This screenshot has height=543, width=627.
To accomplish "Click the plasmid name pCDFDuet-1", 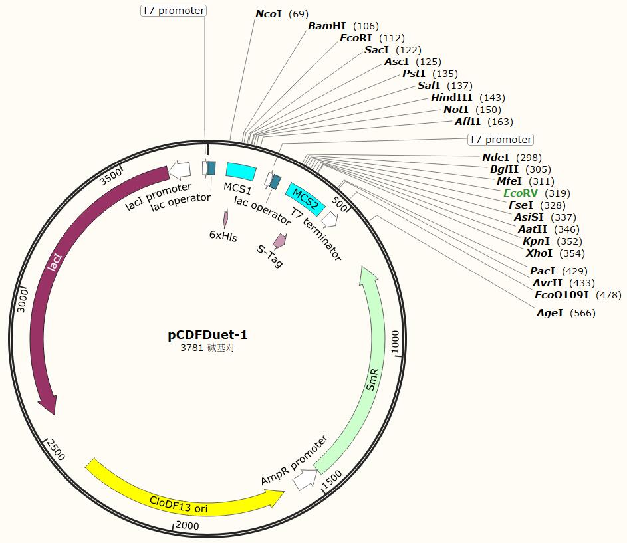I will coord(207,335).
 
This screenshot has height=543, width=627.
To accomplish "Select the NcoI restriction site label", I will coord(269,14).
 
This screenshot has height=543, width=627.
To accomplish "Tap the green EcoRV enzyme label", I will coord(521,193).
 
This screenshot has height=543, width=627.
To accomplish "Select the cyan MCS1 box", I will coord(241,171).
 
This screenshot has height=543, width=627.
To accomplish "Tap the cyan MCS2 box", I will coord(305,199).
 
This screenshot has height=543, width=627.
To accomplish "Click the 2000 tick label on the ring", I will coord(188,525).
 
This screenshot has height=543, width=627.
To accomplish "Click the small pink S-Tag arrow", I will coord(280,241).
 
